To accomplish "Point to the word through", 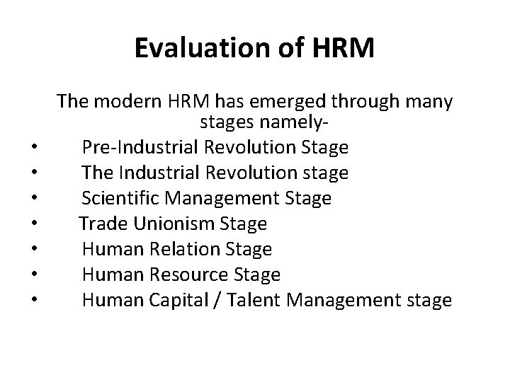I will pyautogui.click(x=361, y=102).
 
